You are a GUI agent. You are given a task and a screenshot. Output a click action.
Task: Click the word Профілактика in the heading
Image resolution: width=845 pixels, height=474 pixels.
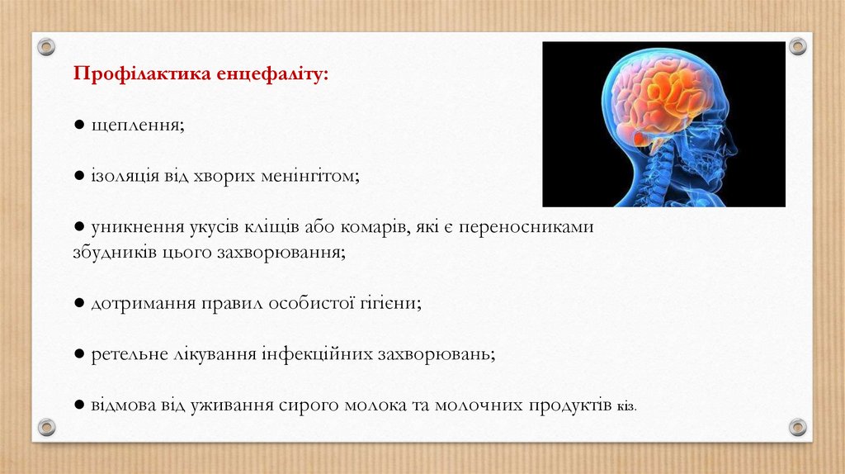coord(142,73)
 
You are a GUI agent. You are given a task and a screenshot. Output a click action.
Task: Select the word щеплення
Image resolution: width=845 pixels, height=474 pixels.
coord(138,126)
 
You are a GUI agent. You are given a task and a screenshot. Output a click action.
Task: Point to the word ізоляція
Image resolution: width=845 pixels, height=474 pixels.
coord(125,177)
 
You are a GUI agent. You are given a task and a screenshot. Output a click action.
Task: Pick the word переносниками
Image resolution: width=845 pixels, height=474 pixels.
coord(526,227)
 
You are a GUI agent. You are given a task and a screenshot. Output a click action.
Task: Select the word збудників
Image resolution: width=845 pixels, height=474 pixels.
coord(115,252)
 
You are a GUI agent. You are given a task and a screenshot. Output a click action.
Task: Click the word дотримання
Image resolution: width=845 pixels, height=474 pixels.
coord(144,304)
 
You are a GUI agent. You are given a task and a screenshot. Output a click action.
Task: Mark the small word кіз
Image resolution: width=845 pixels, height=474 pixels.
coord(627,406)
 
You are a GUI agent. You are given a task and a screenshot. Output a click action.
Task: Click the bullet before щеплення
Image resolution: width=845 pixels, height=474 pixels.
coord(79,125)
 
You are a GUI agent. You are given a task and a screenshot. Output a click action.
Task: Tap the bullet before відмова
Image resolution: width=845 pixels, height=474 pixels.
coord(79,405)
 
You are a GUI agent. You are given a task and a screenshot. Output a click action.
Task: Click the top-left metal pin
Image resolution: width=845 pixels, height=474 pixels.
coord(46,46)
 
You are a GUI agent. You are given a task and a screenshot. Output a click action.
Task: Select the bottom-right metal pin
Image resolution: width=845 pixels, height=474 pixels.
coord(798,428)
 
